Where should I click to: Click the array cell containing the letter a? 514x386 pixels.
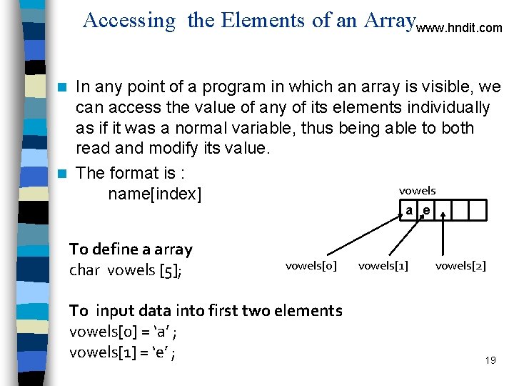pyautogui.click(x=408, y=210)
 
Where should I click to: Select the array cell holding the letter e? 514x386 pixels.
pyautogui.click(x=425, y=210)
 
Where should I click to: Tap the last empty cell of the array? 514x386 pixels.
pyautogui.click(x=478, y=210)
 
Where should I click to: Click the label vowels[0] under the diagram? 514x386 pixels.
pyautogui.click(x=311, y=266)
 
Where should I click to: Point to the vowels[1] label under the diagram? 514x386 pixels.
pyautogui.click(x=383, y=266)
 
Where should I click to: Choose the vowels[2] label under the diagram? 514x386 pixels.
pyautogui.click(x=460, y=266)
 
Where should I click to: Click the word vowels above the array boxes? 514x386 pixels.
pyautogui.click(x=417, y=190)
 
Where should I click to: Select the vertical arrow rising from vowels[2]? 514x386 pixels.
pyautogui.click(x=444, y=236)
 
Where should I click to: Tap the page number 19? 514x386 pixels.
pyautogui.click(x=490, y=360)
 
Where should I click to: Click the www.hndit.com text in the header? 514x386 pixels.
pyautogui.click(x=459, y=29)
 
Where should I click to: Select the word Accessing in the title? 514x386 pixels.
pyautogui.click(x=128, y=21)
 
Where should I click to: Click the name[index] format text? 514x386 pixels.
pyautogui.click(x=155, y=194)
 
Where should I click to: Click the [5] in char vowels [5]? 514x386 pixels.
pyautogui.click(x=171, y=270)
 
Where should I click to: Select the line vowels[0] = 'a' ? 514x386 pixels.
pyautogui.click(x=124, y=332)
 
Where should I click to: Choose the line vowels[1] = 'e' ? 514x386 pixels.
pyautogui.click(x=124, y=352)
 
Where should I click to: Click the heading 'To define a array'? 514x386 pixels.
pyautogui.click(x=131, y=249)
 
